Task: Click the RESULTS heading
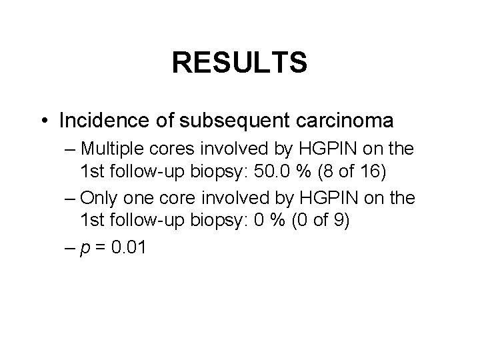point(239,63)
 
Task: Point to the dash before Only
point(71,198)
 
